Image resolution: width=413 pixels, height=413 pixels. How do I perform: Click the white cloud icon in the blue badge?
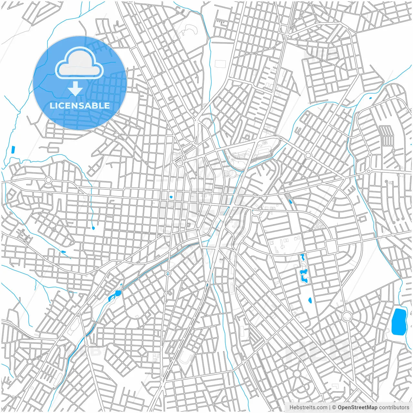point(79,63)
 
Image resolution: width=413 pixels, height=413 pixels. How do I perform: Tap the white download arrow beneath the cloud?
point(76,89)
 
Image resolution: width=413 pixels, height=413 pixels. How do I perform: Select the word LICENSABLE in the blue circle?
point(80,106)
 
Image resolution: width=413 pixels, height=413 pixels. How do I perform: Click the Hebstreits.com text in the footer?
point(308,408)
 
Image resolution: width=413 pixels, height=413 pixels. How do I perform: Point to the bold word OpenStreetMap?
point(357,408)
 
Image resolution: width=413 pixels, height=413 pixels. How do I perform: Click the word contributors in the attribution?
point(394,408)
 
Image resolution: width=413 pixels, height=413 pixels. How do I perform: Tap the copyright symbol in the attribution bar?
point(334,408)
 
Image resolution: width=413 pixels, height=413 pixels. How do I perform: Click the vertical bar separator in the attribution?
point(330,408)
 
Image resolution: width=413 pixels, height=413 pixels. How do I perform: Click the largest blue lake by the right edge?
point(399,322)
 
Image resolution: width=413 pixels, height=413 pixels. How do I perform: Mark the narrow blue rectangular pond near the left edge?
point(13,149)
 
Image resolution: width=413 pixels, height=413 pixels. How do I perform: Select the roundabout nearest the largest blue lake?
point(347,316)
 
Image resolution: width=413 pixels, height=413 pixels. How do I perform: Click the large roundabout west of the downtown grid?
point(49,180)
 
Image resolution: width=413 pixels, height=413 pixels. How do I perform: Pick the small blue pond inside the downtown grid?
point(171,197)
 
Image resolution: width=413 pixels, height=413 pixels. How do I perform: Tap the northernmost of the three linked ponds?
point(302,257)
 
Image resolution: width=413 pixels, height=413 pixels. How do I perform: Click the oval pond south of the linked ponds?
point(310,300)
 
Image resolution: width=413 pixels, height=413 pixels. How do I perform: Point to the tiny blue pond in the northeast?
point(370,98)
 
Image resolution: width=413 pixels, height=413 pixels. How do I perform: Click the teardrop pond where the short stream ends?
point(93,228)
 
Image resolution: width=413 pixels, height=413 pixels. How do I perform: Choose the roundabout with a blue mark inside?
point(167,273)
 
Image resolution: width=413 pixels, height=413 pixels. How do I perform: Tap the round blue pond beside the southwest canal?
point(117,293)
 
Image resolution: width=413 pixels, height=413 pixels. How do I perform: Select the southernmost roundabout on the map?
point(297,374)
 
